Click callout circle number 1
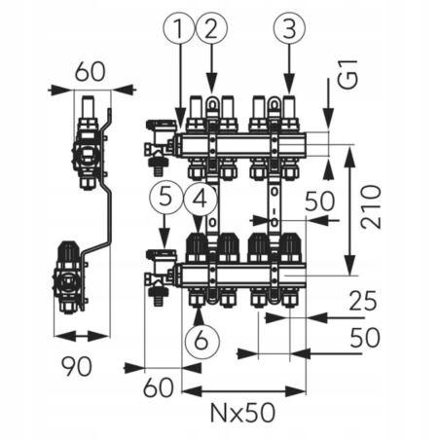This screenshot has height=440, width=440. coord(179,28)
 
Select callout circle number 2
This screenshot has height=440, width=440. coord(211,28)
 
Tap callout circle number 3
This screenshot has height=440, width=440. coord(289,28)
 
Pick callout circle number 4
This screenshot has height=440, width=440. coord(201,199)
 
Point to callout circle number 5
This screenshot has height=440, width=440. coord(165,199)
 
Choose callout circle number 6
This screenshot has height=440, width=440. coord(202,341)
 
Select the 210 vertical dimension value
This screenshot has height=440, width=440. coord(371,206)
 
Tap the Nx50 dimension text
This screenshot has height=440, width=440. coord(242,413)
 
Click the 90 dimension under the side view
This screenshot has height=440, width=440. coord(77,366)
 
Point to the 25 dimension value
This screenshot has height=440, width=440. coord(363,301)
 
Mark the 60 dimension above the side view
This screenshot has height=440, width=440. coord(91,72)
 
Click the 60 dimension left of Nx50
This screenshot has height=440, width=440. coord(159,387)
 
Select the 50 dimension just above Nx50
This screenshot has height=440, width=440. coord(365,338)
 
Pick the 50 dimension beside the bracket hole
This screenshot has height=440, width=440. coord(319,202)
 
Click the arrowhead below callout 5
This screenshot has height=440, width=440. coord(165,238)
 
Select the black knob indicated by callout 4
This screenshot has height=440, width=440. coord(197,243)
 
